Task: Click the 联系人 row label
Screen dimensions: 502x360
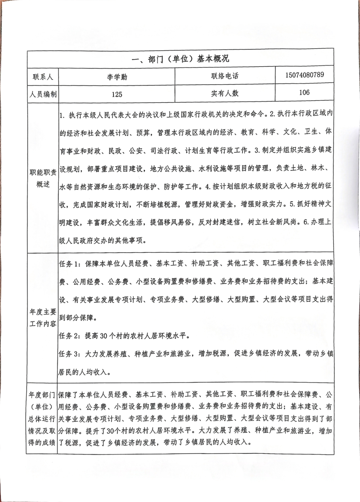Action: pyautogui.click(x=43, y=77)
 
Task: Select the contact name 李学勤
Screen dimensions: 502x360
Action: pyautogui.click(x=117, y=77)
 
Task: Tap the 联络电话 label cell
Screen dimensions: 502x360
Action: pyautogui.click(x=225, y=76)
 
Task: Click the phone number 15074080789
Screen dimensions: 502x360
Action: pyautogui.click(x=304, y=75)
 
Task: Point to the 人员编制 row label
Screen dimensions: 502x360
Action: pyautogui.click(x=43, y=94)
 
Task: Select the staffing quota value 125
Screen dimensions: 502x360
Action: pyautogui.click(x=117, y=94)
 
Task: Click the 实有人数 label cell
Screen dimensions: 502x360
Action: pyautogui.click(x=225, y=94)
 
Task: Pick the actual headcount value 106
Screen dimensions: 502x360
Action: pyautogui.click(x=304, y=92)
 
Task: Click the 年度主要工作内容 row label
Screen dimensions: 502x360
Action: pyautogui.click(x=43, y=318)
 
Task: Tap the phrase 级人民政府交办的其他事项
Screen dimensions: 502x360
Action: pyautogui.click(x=103, y=240)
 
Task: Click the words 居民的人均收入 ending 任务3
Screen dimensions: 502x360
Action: pyautogui.click(x=85, y=372)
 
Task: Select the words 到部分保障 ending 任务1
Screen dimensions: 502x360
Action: pyautogui.click(x=76, y=318)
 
